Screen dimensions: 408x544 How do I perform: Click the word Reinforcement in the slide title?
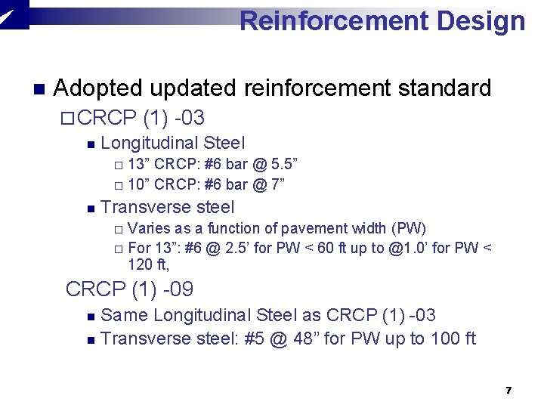[x=333, y=20]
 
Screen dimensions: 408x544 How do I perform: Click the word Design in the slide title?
[x=481, y=20]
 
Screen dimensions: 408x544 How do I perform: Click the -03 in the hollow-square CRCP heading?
[x=190, y=119]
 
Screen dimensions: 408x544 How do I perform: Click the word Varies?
[x=149, y=228]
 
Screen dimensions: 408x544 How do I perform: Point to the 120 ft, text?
[x=149, y=265]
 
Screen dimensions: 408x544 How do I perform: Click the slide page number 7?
[x=508, y=391]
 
